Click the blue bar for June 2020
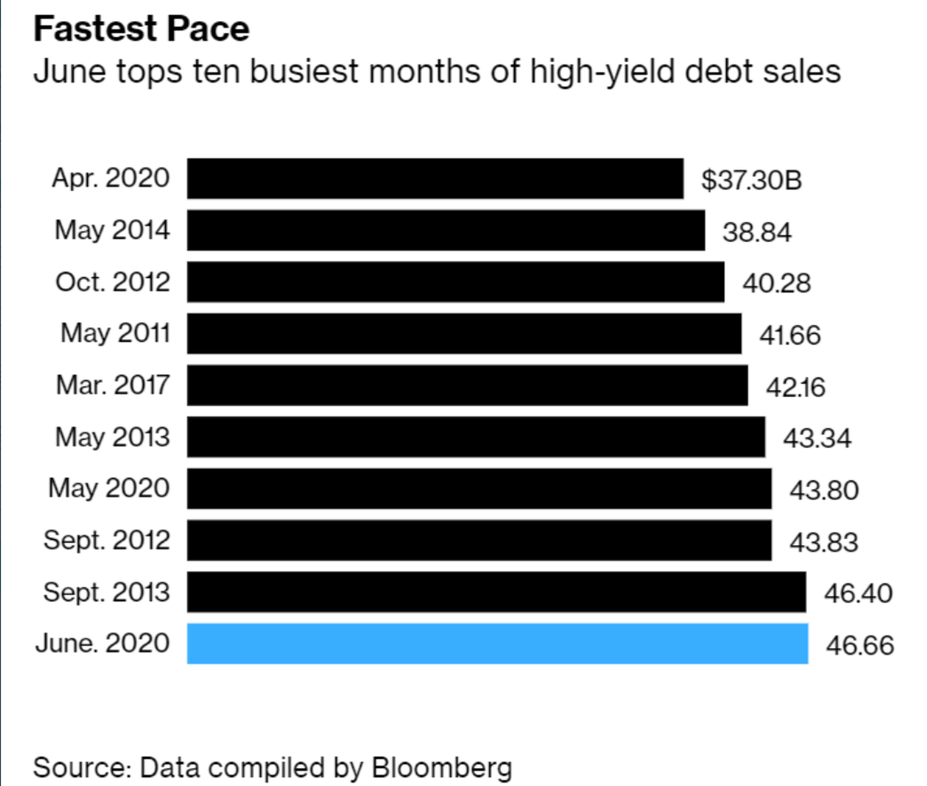pos(497,643)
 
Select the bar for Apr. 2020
pos(435,178)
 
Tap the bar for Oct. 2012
pos(456,282)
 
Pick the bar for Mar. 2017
pos(468,385)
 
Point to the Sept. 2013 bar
pos(496,592)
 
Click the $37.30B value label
pos(751,179)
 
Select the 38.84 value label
pos(757,231)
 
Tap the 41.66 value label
pos(790,335)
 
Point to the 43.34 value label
pos(817,438)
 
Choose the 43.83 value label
pos(823,542)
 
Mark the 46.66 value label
pos(860,645)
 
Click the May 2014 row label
pos(112,230)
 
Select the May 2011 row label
pos(115,333)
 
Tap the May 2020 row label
pos(109,488)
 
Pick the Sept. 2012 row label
pos(107,540)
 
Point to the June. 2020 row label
pos(102,643)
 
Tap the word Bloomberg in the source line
pos(442,767)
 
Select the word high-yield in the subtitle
pos(602,72)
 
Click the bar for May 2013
pos(476,437)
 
